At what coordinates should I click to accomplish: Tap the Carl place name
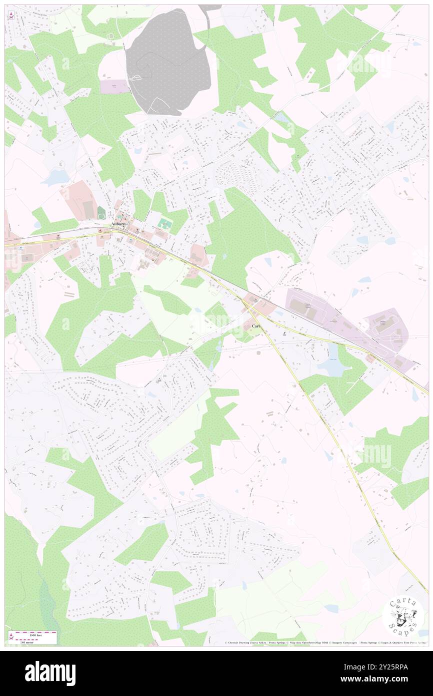click(x=255, y=326)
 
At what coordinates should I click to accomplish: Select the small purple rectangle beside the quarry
click(x=114, y=87)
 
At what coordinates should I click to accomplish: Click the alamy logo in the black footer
click(x=50, y=673)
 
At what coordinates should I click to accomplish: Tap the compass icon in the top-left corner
click(x=10, y=16)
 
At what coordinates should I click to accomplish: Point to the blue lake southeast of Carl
click(x=330, y=367)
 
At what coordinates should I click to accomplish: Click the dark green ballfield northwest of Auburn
click(x=101, y=213)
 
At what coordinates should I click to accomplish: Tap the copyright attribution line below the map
click(x=325, y=642)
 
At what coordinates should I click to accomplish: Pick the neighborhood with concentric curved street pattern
click(x=238, y=175)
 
